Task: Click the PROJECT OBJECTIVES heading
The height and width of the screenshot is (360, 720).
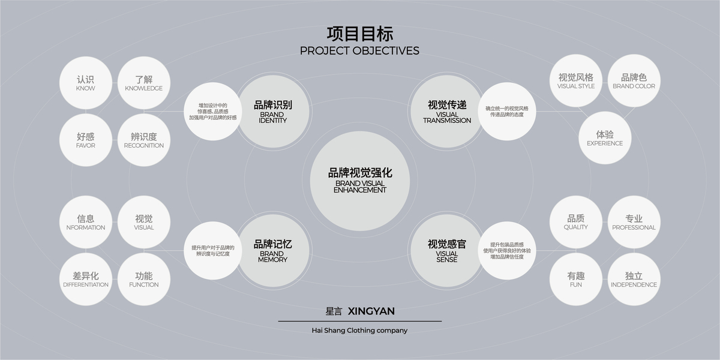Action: click(x=359, y=50)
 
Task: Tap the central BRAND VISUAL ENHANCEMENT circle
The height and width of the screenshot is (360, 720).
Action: click(x=360, y=181)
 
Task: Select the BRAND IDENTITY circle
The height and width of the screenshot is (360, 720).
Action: click(x=273, y=111)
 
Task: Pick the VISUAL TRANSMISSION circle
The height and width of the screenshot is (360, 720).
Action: click(x=447, y=111)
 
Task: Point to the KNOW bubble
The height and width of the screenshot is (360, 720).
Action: click(x=86, y=83)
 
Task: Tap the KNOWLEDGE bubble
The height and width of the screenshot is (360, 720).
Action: click(x=144, y=83)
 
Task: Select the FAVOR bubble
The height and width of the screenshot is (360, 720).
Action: click(x=86, y=140)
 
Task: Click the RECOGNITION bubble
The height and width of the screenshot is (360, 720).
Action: click(x=144, y=140)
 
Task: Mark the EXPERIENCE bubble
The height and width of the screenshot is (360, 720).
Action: click(x=605, y=138)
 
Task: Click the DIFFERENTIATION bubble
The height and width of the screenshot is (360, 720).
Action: click(x=86, y=279)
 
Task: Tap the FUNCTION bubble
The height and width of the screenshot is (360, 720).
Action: click(x=144, y=279)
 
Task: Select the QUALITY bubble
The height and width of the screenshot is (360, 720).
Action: click(x=576, y=222)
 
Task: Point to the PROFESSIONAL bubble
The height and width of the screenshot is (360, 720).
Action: click(x=634, y=222)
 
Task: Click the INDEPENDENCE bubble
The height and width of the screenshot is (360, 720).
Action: click(x=634, y=279)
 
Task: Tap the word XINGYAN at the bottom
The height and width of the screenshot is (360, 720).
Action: click(x=371, y=311)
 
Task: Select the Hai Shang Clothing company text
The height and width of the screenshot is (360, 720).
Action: click(x=359, y=330)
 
